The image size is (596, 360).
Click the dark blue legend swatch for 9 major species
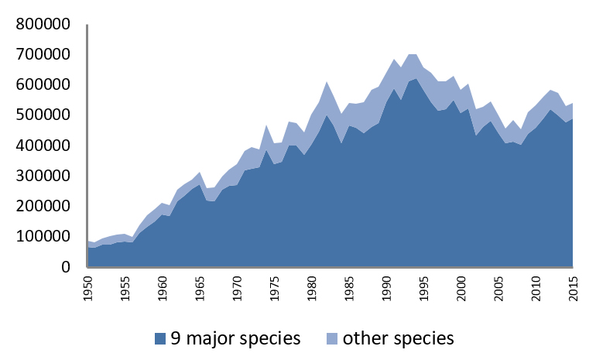coord(160,338)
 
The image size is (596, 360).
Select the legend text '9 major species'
coord(233,338)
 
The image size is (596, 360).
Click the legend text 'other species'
coord(398,338)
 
